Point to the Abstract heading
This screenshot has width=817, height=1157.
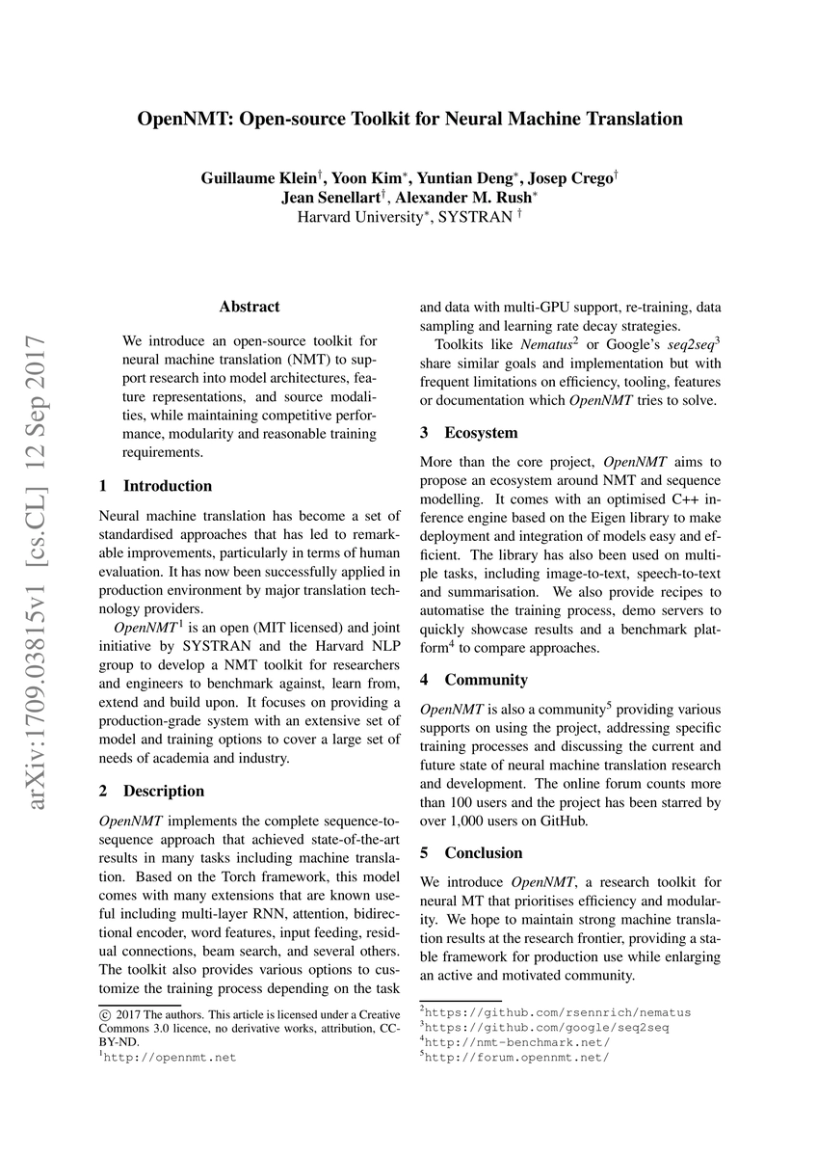250,307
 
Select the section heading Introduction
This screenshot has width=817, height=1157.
168,485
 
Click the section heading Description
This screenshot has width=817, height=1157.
164,791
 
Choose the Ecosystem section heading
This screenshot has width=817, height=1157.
481,433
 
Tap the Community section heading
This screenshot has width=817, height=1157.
486,679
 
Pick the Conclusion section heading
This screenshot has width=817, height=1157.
484,852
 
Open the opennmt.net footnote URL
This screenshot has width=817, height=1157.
171,1057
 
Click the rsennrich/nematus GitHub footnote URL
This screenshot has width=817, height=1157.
558,1012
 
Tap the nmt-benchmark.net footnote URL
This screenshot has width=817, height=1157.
517,1042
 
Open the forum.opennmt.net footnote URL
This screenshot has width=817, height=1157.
517,1057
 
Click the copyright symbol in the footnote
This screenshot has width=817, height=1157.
105,1013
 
